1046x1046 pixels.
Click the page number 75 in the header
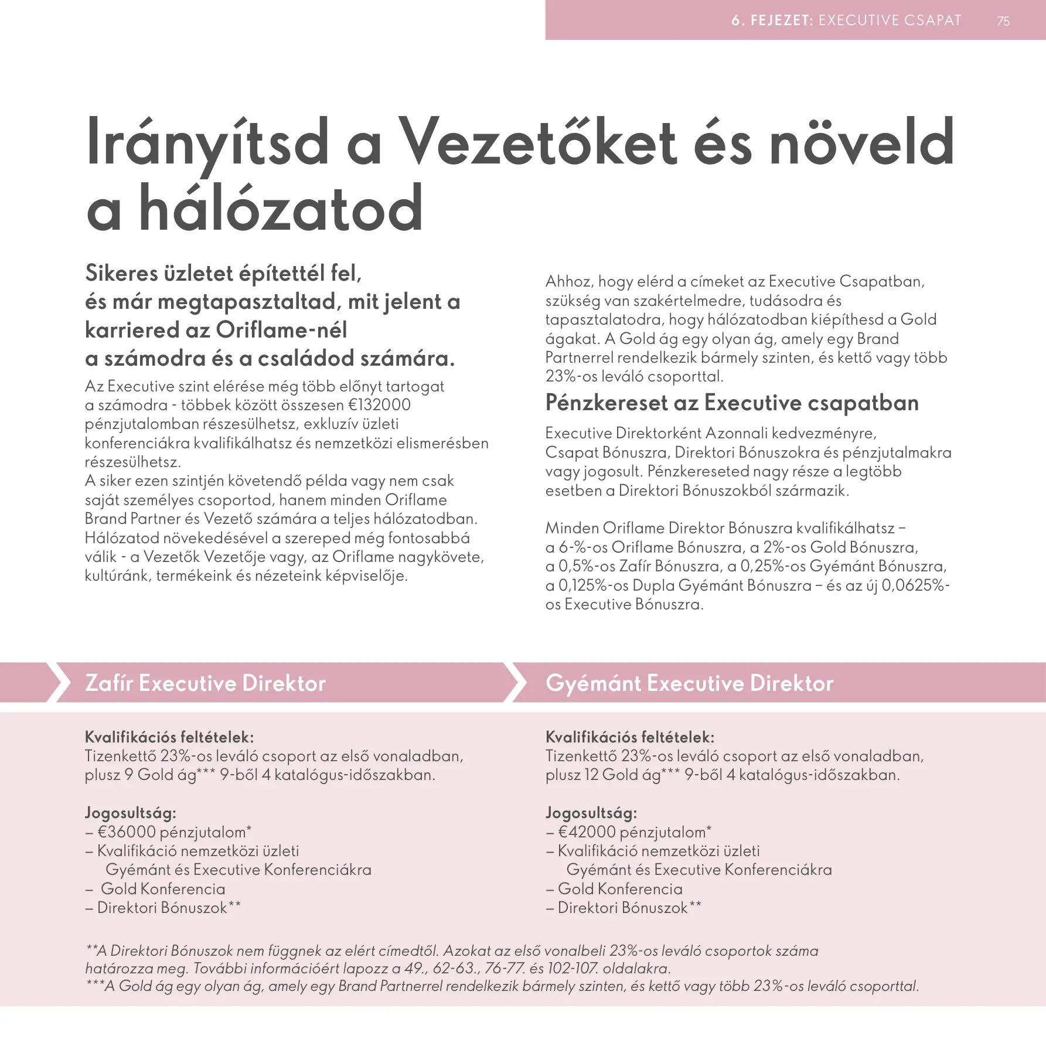(1003, 21)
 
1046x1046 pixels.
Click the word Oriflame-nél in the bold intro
(282, 330)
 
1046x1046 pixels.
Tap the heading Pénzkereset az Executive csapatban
(731, 403)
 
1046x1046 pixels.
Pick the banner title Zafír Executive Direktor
(205, 683)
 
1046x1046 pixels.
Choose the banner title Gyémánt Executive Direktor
(689, 683)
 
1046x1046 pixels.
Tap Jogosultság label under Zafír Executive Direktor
(130, 813)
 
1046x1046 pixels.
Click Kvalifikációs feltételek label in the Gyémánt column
(630, 737)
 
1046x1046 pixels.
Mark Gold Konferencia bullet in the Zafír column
(162, 889)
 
